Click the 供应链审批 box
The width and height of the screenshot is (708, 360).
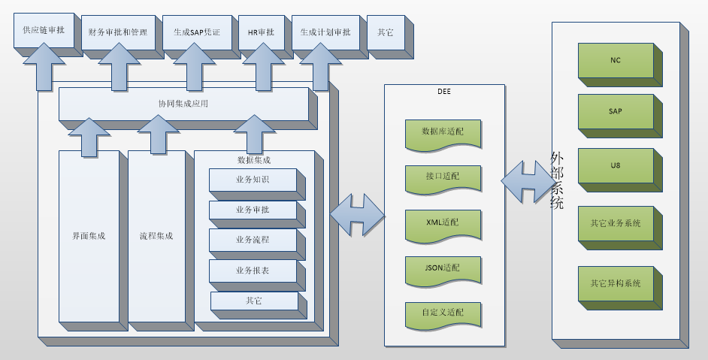(x=44, y=32)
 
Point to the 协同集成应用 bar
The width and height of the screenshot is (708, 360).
(x=183, y=104)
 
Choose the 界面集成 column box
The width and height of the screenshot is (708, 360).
(x=89, y=235)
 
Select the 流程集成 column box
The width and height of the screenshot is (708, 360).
(x=156, y=235)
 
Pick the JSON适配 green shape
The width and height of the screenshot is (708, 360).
(x=442, y=268)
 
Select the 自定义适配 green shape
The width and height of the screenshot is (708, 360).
(x=442, y=313)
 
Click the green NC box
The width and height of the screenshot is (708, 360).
(x=616, y=60)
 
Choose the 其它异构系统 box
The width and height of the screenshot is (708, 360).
(x=616, y=283)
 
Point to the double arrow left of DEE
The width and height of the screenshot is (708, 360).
(x=357, y=215)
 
